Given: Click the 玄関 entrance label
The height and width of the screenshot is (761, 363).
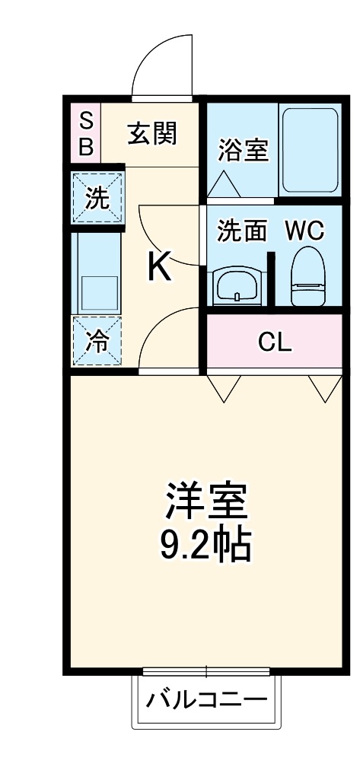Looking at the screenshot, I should point(151,135).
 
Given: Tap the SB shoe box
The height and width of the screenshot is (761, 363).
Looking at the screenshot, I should point(86,133).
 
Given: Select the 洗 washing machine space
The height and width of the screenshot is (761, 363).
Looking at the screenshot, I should point(97,199).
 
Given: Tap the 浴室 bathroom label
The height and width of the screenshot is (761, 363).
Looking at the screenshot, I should point(243,150).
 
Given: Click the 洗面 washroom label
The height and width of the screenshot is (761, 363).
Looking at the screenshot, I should point(241,231).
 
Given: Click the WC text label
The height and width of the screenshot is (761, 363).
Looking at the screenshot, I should point(305,231).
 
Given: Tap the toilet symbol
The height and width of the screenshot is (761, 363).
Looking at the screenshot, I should point(307,275).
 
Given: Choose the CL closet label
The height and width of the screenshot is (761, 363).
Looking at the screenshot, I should point(275,342).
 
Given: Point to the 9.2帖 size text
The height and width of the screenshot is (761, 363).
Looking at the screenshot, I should point(205,542).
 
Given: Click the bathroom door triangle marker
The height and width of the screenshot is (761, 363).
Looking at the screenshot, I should point(224,183).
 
